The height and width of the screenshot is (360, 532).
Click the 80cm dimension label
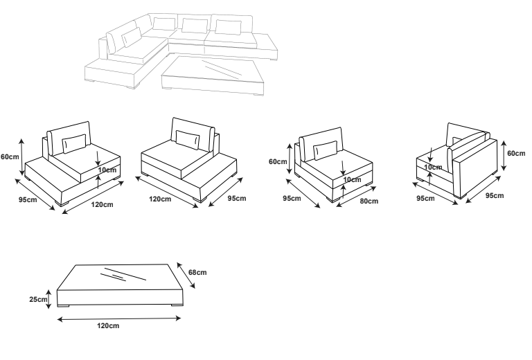369,201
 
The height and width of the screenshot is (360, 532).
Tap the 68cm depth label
197,272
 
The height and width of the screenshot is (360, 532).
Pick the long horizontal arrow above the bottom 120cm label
118,319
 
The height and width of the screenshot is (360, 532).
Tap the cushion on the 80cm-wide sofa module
325,149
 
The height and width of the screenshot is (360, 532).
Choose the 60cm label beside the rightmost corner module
515,153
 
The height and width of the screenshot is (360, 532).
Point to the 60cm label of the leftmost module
9,156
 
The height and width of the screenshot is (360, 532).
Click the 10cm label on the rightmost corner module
432,167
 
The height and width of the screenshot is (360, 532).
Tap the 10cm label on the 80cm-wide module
351,179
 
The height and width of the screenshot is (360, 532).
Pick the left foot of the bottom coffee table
64,305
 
